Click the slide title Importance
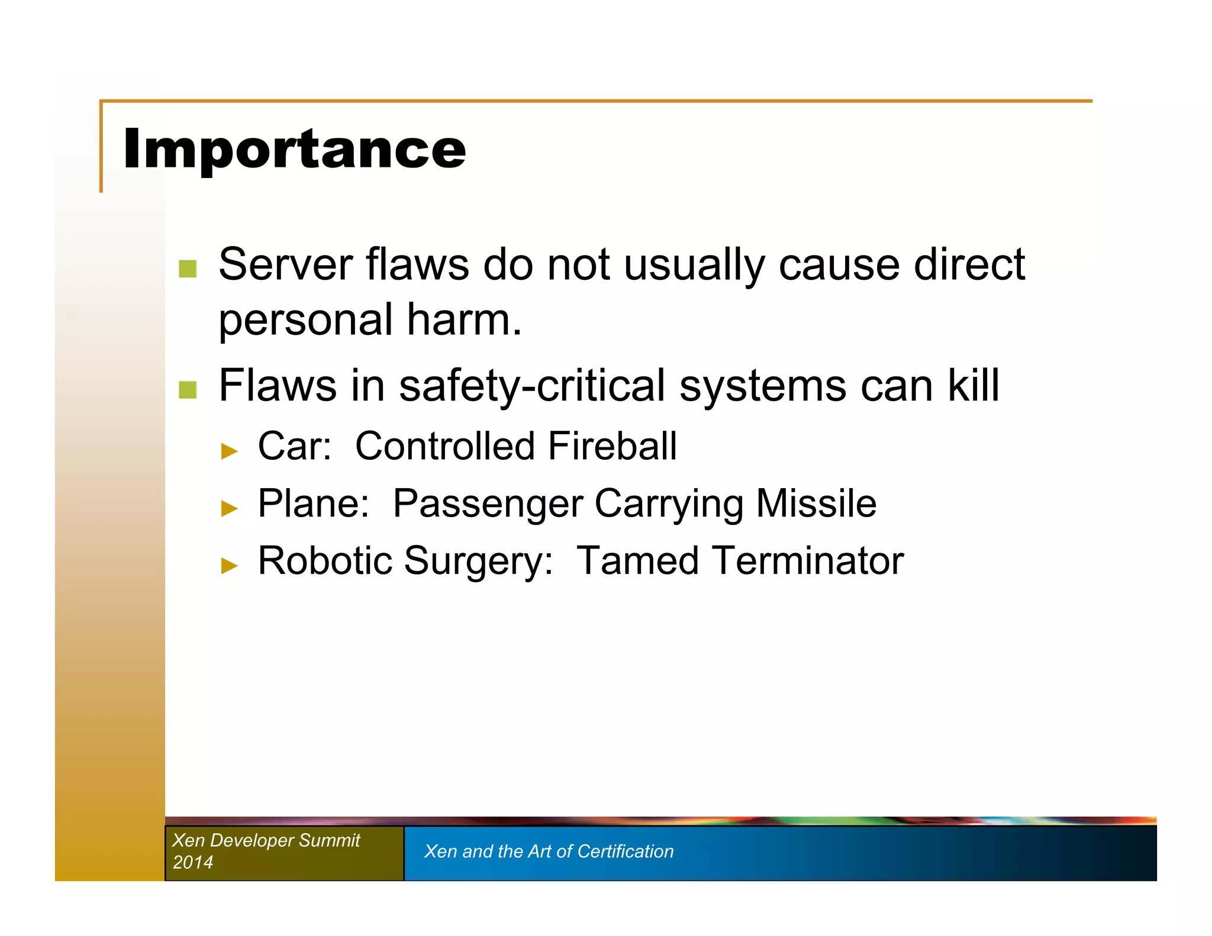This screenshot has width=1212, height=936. click(294, 149)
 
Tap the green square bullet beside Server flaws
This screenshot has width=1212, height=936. click(188, 269)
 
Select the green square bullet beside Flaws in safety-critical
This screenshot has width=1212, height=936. click(188, 389)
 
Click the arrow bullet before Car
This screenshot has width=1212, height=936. click(229, 451)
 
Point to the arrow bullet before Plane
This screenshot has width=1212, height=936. click(229, 508)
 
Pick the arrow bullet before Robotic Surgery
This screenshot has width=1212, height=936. click(229, 566)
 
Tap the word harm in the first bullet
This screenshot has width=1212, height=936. click(464, 320)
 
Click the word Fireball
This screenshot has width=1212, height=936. click(612, 446)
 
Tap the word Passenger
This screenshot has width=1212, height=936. click(488, 505)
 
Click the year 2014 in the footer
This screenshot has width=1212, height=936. click(193, 862)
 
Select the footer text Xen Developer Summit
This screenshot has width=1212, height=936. click(266, 840)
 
